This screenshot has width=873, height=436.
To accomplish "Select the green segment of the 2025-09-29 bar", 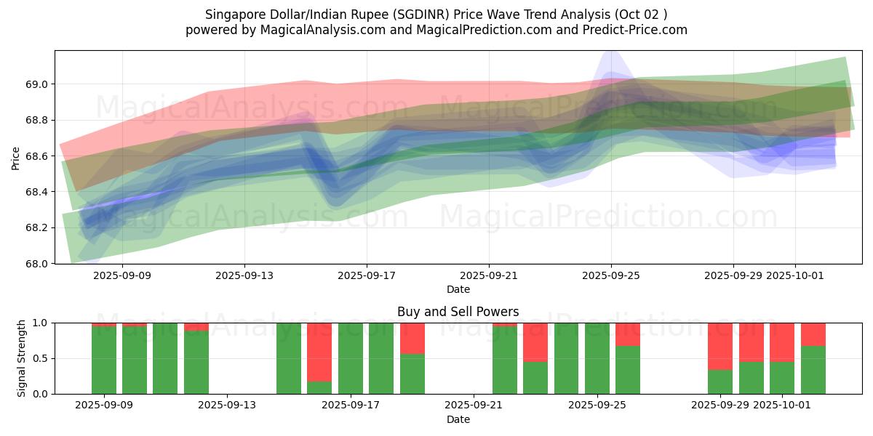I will tap(720, 381).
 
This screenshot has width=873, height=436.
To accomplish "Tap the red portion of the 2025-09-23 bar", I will tap(535, 342).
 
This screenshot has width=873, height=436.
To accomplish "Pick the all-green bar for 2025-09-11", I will tap(165, 358).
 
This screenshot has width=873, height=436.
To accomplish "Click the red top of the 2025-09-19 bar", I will tap(412, 338).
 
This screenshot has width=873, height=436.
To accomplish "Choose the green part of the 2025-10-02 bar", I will tap(813, 370).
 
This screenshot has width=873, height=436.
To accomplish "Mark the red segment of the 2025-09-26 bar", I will tap(628, 334).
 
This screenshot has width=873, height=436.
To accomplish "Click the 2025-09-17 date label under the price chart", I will tap(367, 275).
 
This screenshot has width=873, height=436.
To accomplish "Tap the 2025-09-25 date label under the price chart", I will tap(611, 275).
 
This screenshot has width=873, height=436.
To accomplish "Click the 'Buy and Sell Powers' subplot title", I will tap(458, 312).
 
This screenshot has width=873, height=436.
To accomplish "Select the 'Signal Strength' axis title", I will tap(22, 358).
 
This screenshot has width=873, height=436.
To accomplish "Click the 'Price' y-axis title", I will tap(16, 157).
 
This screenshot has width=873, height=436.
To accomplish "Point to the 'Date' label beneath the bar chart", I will tap(458, 419).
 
